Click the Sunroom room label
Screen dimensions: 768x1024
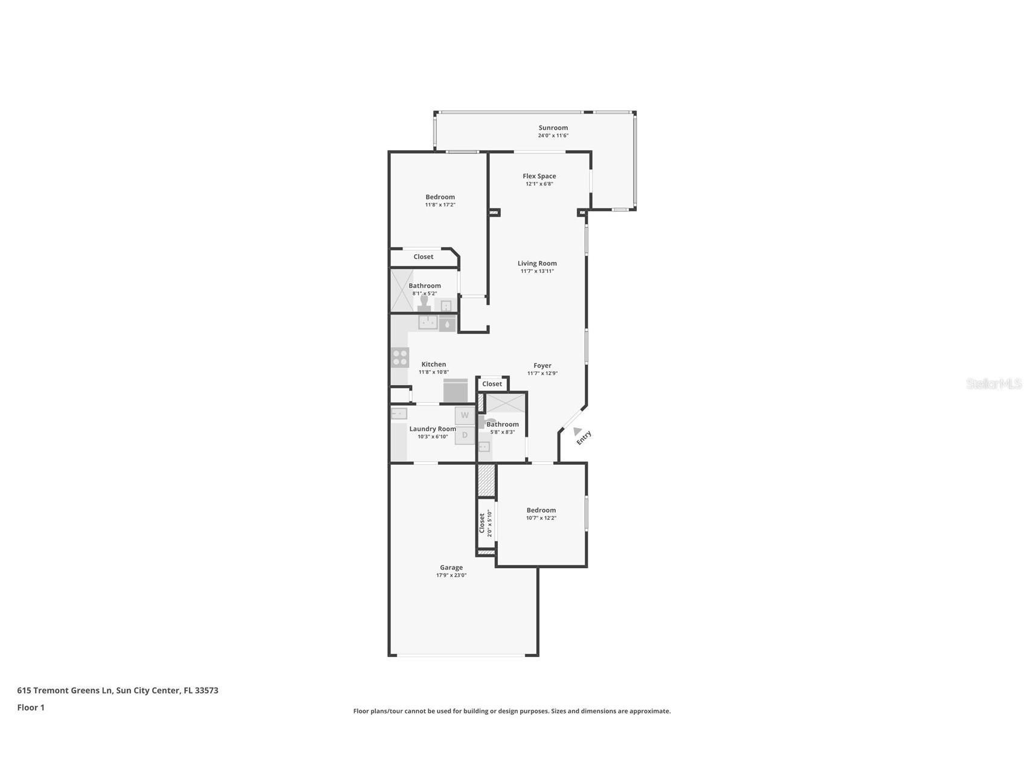pos(553,127)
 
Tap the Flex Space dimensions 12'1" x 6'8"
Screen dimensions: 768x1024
pos(539,184)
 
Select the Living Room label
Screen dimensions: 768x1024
pos(536,263)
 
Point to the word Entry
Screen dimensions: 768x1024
pos(584,438)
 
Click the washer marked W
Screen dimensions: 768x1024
pos(465,415)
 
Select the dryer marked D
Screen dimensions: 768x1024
pos(465,435)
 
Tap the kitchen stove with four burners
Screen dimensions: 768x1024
pos(399,357)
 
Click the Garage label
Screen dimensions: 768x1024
pos(451,568)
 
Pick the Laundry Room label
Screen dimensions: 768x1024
pos(433,429)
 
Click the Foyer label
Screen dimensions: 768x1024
pos(542,365)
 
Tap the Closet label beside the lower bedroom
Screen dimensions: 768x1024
pos(482,523)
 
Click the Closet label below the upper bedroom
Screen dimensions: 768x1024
pos(423,257)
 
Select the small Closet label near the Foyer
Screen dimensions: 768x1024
pos(492,384)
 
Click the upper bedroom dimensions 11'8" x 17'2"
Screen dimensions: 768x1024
pos(440,205)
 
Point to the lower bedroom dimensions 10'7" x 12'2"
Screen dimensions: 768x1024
pos(541,518)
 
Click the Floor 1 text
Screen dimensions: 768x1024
pos(31,708)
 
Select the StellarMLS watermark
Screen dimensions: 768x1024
pos(993,383)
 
